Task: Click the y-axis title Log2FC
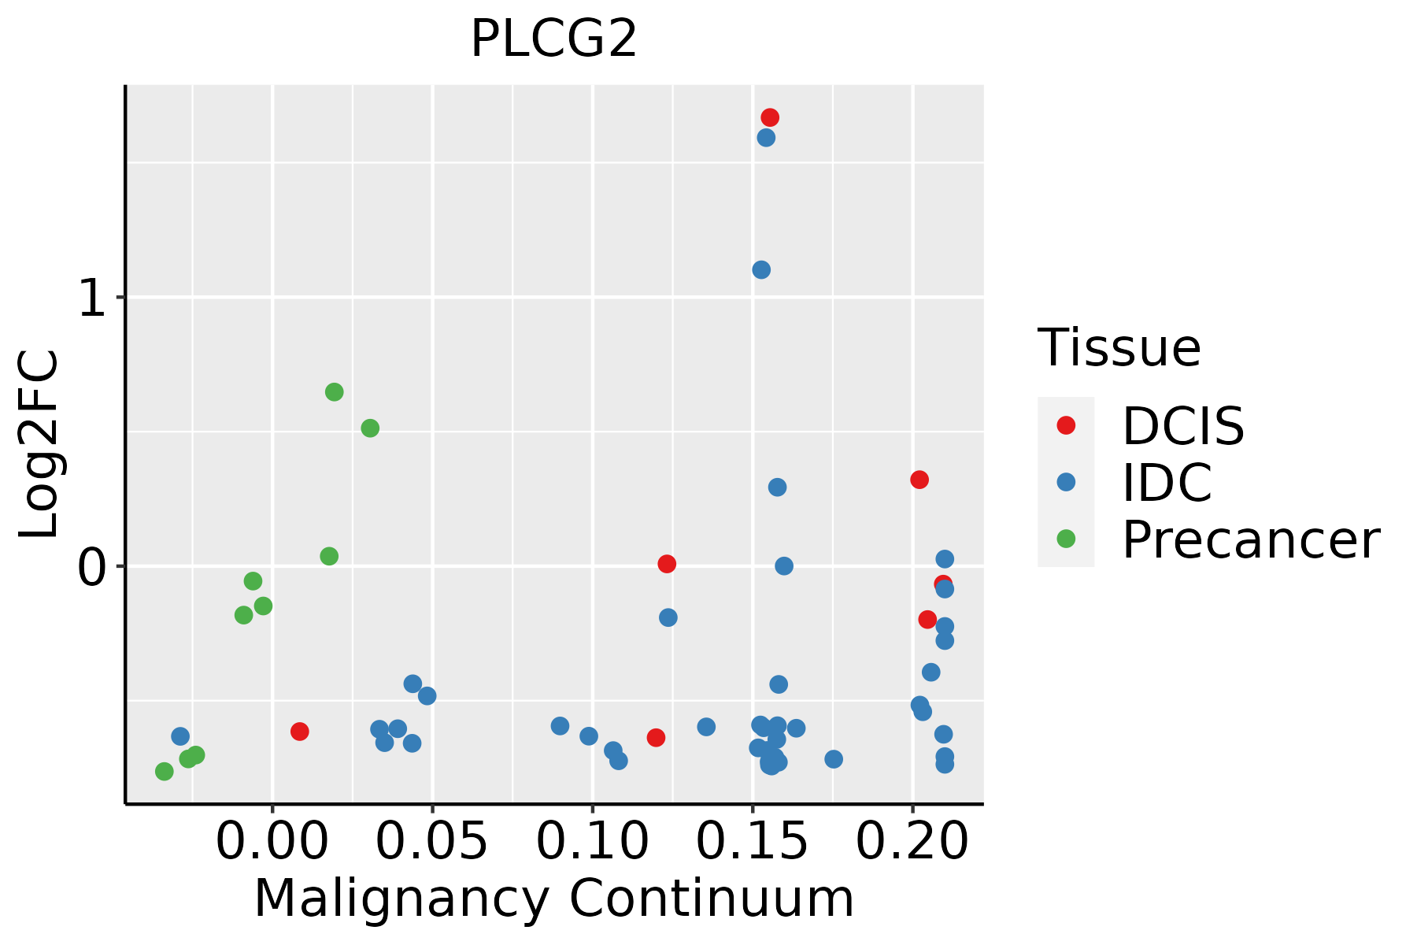pyautogui.click(x=39, y=444)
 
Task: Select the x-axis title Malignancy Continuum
pyautogui.click(x=553, y=899)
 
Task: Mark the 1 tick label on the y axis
pyautogui.click(x=93, y=298)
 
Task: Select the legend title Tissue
pyautogui.click(x=1119, y=348)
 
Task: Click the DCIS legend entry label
pyautogui.click(x=1182, y=426)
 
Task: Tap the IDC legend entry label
pyautogui.click(x=1167, y=483)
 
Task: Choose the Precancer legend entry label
pyautogui.click(x=1250, y=540)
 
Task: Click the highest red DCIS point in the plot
pyautogui.click(x=770, y=117)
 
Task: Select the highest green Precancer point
pyautogui.click(x=334, y=392)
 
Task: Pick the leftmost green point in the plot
pyautogui.click(x=164, y=771)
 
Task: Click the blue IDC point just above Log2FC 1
pyautogui.click(x=761, y=270)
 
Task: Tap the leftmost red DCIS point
pyautogui.click(x=299, y=732)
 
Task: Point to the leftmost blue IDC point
pyautogui.click(x=180, y=736)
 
